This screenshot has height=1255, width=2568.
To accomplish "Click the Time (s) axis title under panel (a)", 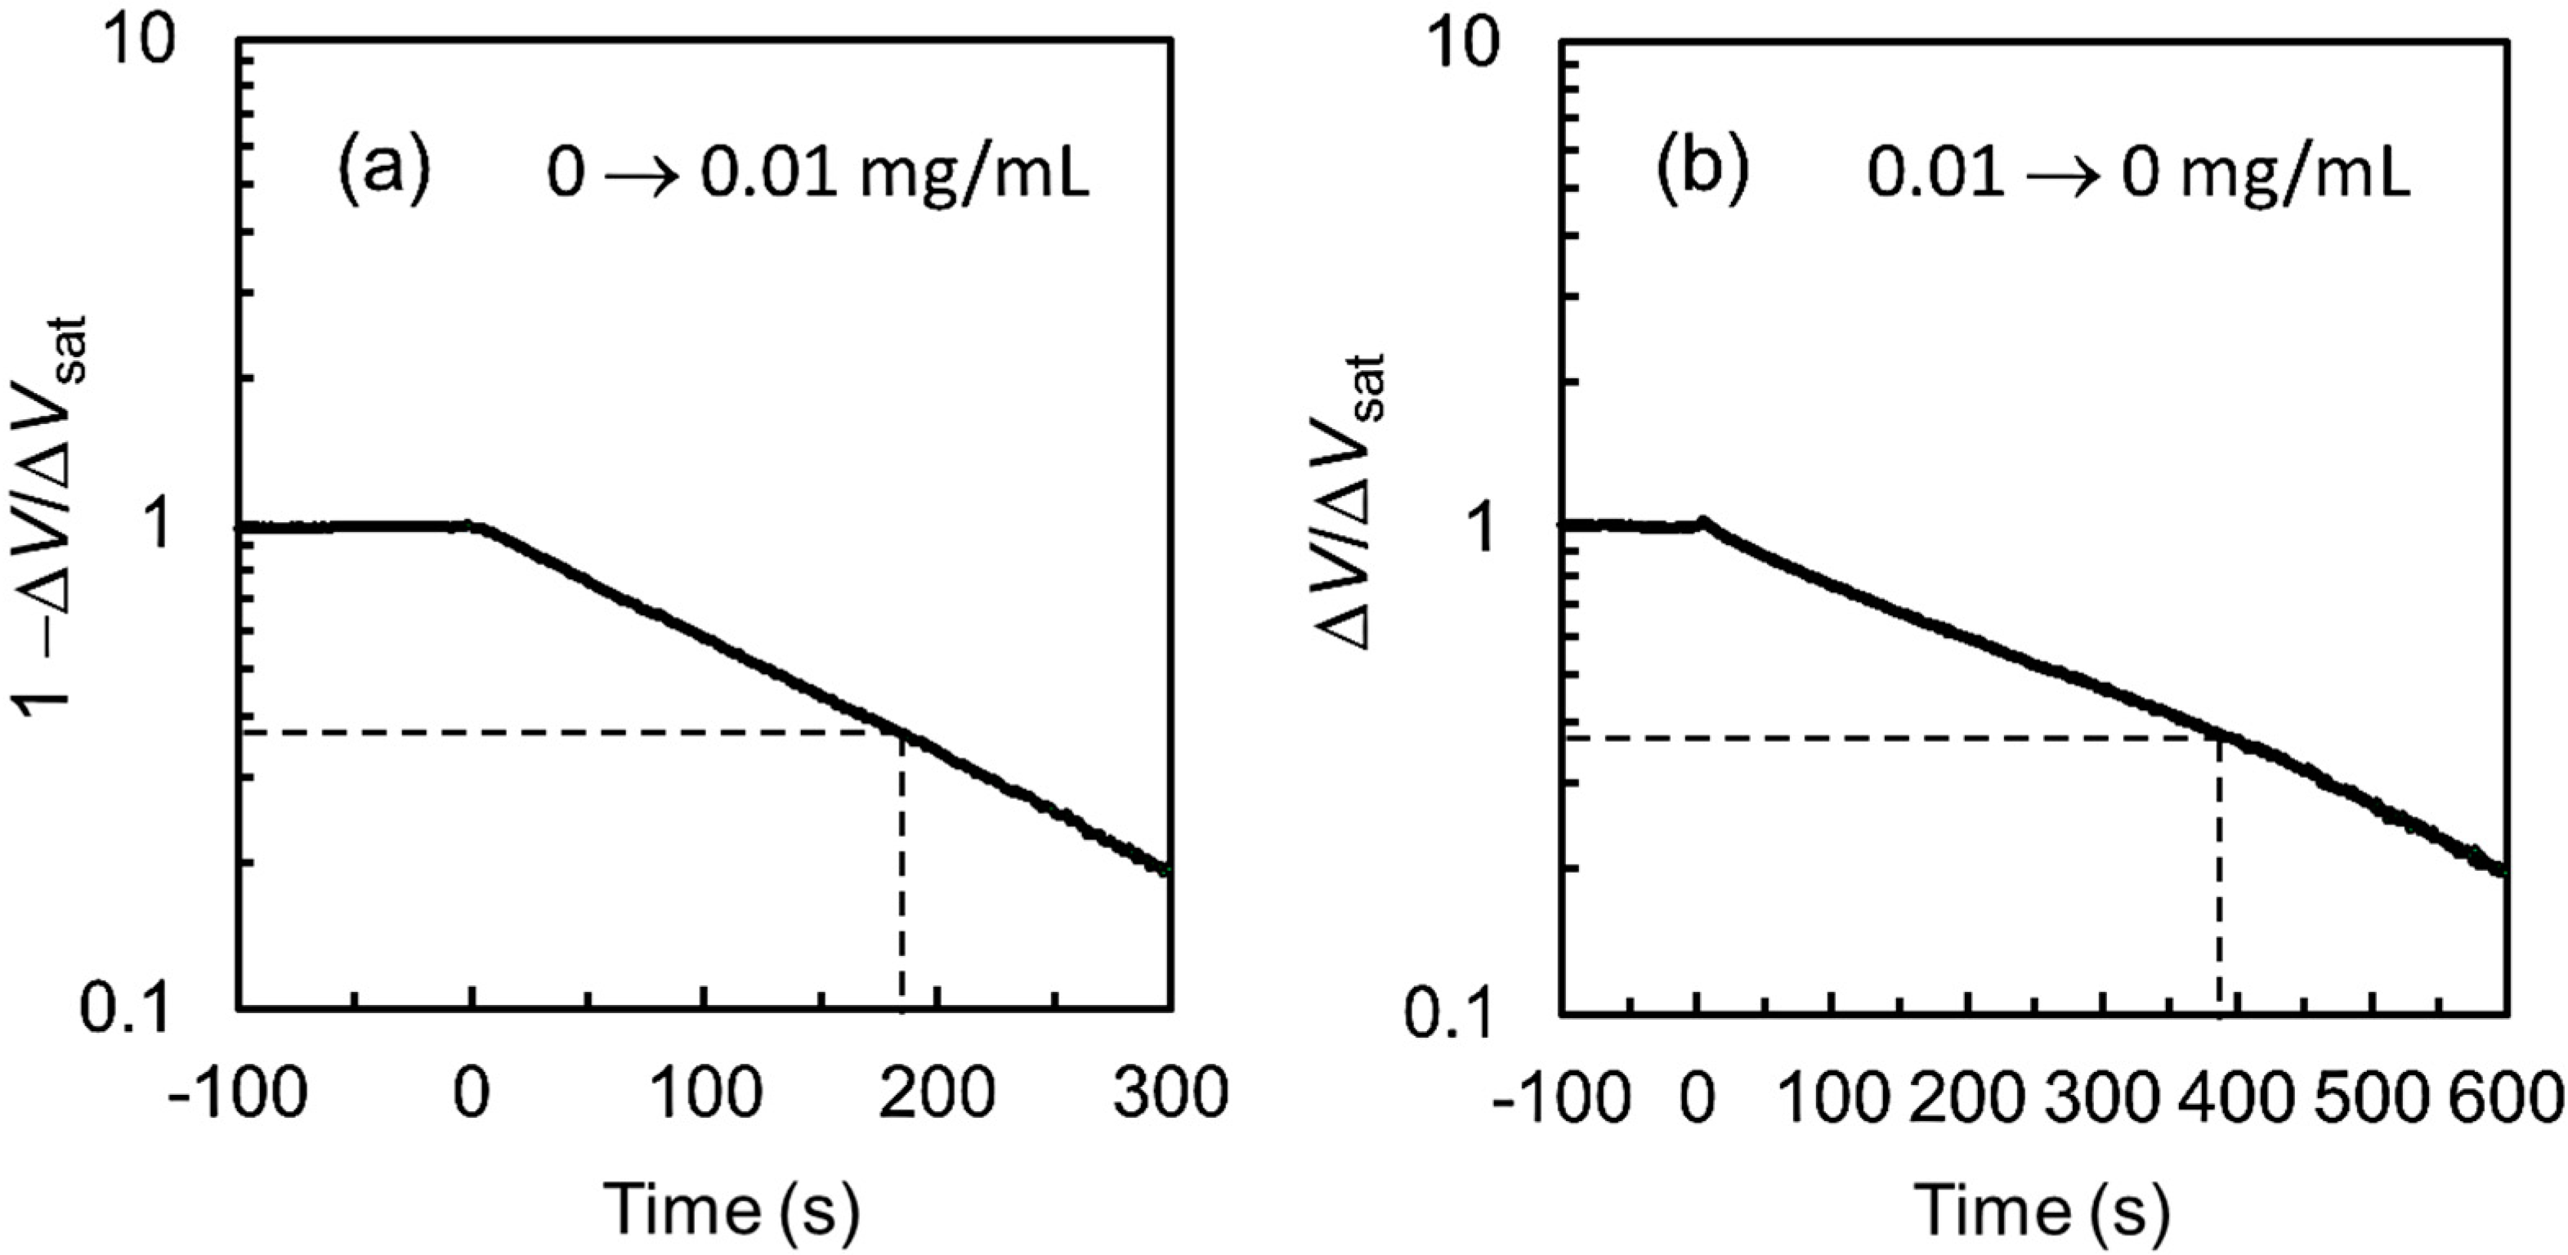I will coord(732,1208).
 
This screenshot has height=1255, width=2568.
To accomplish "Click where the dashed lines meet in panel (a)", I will coord(902,734).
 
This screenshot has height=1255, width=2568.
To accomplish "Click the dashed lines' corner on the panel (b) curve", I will coord(2219,738).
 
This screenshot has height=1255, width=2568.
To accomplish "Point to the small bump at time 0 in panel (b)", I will coord(1702,520).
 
